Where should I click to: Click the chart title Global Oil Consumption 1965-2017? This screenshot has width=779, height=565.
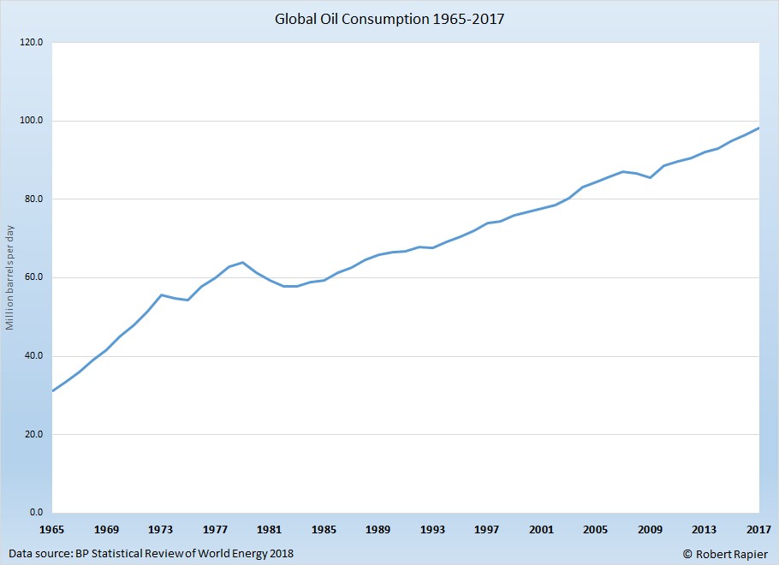tap(389, 18)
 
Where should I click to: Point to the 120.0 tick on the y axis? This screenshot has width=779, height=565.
tap(32, 42)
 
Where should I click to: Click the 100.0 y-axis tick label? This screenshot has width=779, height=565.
tap(32, 121)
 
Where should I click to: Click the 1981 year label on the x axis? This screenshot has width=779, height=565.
tap(269, 530)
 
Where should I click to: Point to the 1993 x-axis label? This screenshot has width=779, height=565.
tap(432, 530)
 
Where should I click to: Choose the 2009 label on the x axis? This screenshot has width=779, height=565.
tap(650, 530)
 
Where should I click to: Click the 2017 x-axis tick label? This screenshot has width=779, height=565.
tap(758, 530)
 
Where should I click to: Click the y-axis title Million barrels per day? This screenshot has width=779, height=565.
tap(10, 278)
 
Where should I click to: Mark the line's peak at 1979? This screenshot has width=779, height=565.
tap(242, 262)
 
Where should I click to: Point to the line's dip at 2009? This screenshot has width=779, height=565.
tap(651, 177)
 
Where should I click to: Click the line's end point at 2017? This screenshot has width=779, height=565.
tap(759, 128)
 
